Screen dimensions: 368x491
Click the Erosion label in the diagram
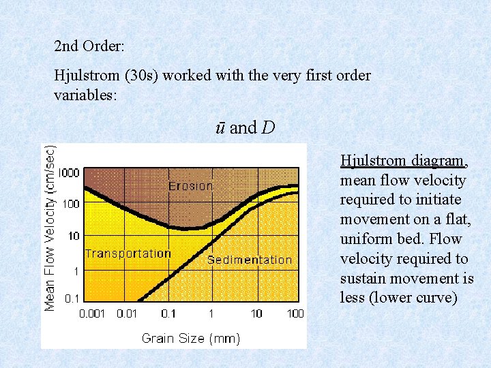coord(191,186)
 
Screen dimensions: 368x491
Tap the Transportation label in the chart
coord(128,254)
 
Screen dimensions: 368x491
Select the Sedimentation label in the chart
coord(249,260)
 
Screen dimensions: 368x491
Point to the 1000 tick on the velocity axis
coord(68,172)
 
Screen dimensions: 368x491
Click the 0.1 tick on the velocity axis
coord(71,298)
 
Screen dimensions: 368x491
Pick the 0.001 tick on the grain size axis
coord(93,313)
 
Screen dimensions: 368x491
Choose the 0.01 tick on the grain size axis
coord(128,313)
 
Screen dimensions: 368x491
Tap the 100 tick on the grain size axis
coord(295,313)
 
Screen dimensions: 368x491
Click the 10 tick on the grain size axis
coord(256,313)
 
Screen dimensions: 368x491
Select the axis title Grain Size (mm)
coord(190,338)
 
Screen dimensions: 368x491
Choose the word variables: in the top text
coord(85,95)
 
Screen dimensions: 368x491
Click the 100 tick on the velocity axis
coord(71,204)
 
